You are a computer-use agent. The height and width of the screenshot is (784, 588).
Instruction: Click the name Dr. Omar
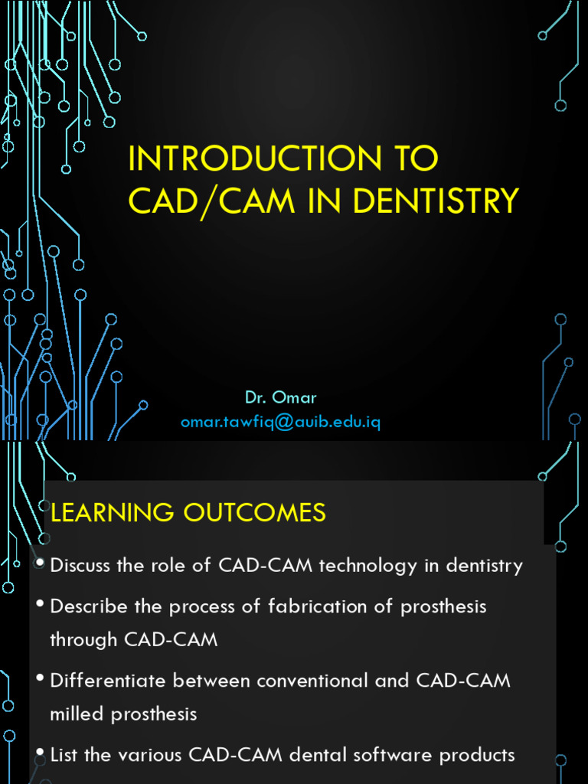coord(280,398)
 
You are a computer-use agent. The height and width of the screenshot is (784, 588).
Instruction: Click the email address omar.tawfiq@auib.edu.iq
coord(280,423)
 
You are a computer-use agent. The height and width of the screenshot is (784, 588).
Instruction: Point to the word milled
coord(77,714)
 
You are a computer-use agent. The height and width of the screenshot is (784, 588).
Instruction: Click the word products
coord(477,755)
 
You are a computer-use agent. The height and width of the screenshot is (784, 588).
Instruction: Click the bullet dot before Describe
coord(40,605)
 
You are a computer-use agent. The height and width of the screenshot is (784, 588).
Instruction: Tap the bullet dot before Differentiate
coord(40,678)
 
